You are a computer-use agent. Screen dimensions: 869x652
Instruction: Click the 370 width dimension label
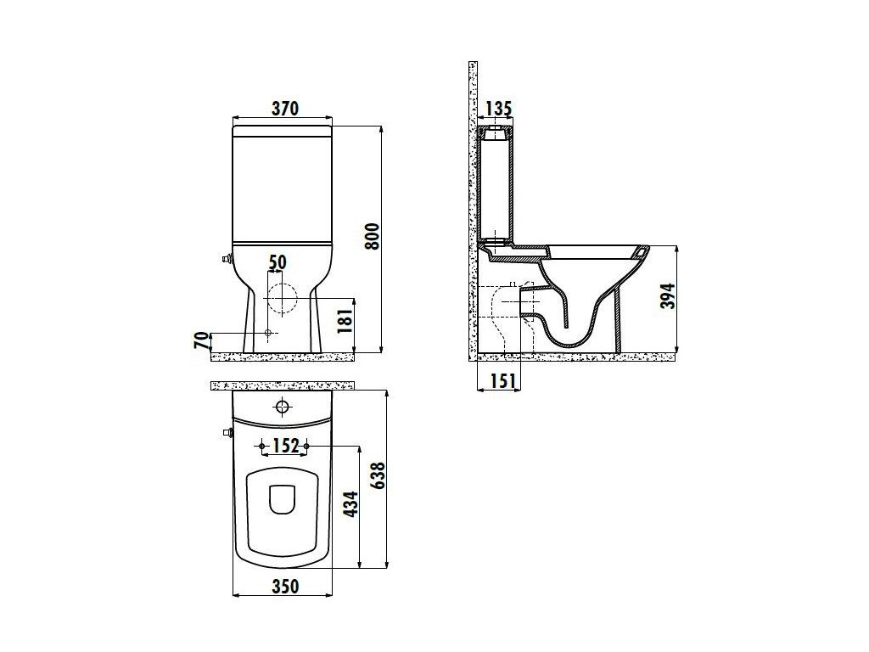coord(285,108)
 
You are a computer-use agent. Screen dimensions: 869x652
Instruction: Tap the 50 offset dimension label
coord(278,261)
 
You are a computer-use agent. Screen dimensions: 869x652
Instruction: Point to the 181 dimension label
coord(345,320)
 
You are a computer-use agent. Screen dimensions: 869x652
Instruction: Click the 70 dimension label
coord(202,340)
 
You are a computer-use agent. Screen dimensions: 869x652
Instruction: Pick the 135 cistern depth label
coord(498,108)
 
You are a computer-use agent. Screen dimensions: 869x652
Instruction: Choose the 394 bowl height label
coord(669,295)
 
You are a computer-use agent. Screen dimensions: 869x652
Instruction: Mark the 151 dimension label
coord(502,380)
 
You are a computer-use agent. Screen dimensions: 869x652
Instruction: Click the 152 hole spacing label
coord(285,445)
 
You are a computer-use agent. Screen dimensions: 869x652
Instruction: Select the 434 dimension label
coord(350,504)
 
